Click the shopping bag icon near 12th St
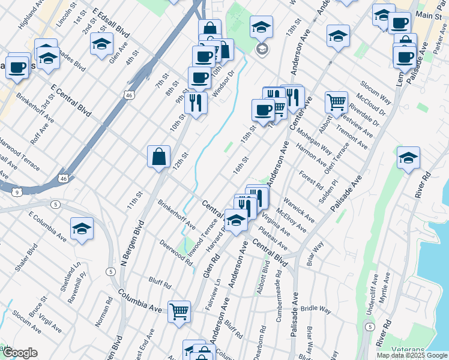(159, 157)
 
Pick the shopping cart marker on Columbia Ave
(179, 311)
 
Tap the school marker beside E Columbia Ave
(82, 229)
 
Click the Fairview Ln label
(214, 294)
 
